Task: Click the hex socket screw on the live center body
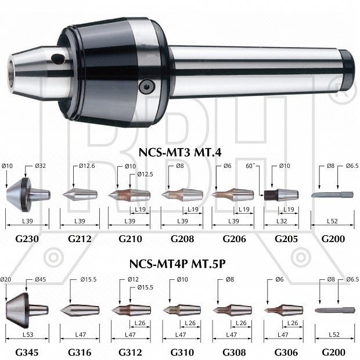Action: point(147,87)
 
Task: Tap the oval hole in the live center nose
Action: point(59,58)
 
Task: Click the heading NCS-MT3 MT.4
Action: point(180,152)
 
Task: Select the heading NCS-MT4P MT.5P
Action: point(177,264)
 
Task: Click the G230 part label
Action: point(27,239)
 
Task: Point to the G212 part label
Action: point(80,239)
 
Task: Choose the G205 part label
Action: point(286,239)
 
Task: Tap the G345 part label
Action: point(27,352)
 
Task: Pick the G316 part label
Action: point(80,352)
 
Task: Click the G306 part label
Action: point(286,352)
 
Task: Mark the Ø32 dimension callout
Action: point(41,165)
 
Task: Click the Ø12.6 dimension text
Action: point(87,165)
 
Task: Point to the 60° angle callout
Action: point(250,165)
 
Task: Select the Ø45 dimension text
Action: point(41,279)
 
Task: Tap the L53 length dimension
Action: point(28,334)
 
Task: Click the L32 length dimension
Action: point(282,221)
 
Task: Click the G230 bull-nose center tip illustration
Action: point(28,195)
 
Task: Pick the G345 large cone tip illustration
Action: point(27,310)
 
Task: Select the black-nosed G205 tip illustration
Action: point(281,195)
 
